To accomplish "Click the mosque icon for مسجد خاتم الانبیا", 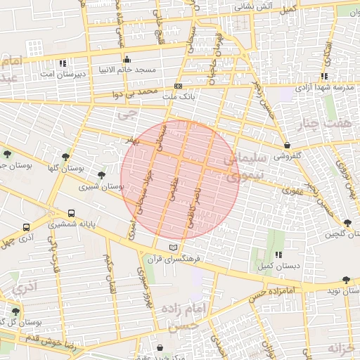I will (127, 59).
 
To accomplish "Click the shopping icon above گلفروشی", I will (288, 146).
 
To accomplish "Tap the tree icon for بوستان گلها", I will (65, 157).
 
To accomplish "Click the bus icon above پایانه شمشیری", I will (71, 214).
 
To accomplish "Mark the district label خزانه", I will (344, 347).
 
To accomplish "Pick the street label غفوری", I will (291, 189).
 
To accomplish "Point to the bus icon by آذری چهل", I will (26, 228).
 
